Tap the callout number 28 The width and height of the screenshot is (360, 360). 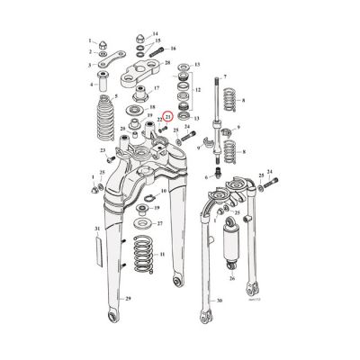pyautogui.click(x=168, y=62)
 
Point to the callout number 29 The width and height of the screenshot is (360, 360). pyautogui.click(x=129, y=298)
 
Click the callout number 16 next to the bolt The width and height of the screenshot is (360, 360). pyautogui.click(x=173, y=47)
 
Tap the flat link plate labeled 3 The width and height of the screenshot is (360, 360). pyautogui.click(x=111, y=64)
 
